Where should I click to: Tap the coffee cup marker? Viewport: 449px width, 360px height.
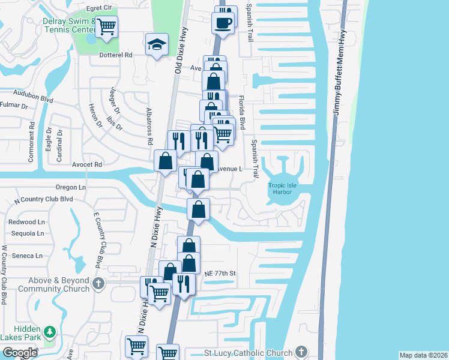tap(223, 23)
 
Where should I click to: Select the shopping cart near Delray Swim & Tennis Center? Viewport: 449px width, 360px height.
tap(106, 26)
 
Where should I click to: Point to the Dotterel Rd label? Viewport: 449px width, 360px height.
tap(116, 54)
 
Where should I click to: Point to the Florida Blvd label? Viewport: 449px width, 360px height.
tap(242, 112)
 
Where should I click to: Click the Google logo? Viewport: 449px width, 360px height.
tap(20, 352)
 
